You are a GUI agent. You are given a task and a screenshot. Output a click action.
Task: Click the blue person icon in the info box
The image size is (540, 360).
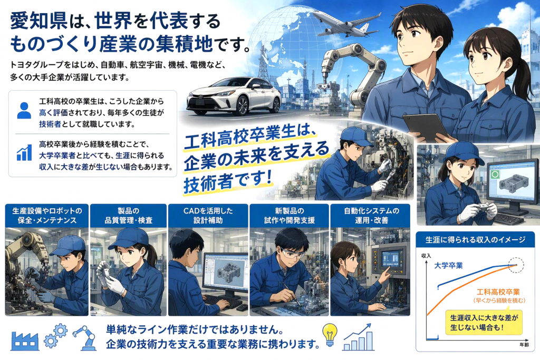coord(24,111)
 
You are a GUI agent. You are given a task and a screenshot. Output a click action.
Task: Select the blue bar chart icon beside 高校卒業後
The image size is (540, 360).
coord(24,153)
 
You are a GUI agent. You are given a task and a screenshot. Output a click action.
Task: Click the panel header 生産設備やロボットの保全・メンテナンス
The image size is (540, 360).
coord(47,216)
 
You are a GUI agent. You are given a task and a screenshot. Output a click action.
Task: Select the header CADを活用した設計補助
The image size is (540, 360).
coord(208,216)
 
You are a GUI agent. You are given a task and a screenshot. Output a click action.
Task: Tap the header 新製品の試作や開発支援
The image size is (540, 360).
coord(290,216)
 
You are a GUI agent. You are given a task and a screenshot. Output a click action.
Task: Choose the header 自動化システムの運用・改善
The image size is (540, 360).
coord(370,216)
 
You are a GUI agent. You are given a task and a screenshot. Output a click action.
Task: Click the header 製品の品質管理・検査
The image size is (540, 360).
coord(128,216)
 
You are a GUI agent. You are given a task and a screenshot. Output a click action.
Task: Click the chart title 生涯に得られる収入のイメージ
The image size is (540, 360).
coord(475,239)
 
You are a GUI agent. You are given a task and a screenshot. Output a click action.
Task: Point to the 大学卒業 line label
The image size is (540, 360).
coord(448,266)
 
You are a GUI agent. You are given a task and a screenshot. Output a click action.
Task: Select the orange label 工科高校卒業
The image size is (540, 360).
coord(498,292)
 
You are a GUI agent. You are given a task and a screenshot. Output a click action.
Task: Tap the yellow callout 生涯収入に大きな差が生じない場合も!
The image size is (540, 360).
coord(484,323)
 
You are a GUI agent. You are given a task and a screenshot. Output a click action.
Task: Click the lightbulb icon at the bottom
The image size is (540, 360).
coord(330,335)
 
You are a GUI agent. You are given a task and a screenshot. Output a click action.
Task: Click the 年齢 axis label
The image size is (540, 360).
coord(524,345)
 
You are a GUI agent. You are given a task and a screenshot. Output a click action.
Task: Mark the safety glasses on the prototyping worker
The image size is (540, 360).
coord(292,255)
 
